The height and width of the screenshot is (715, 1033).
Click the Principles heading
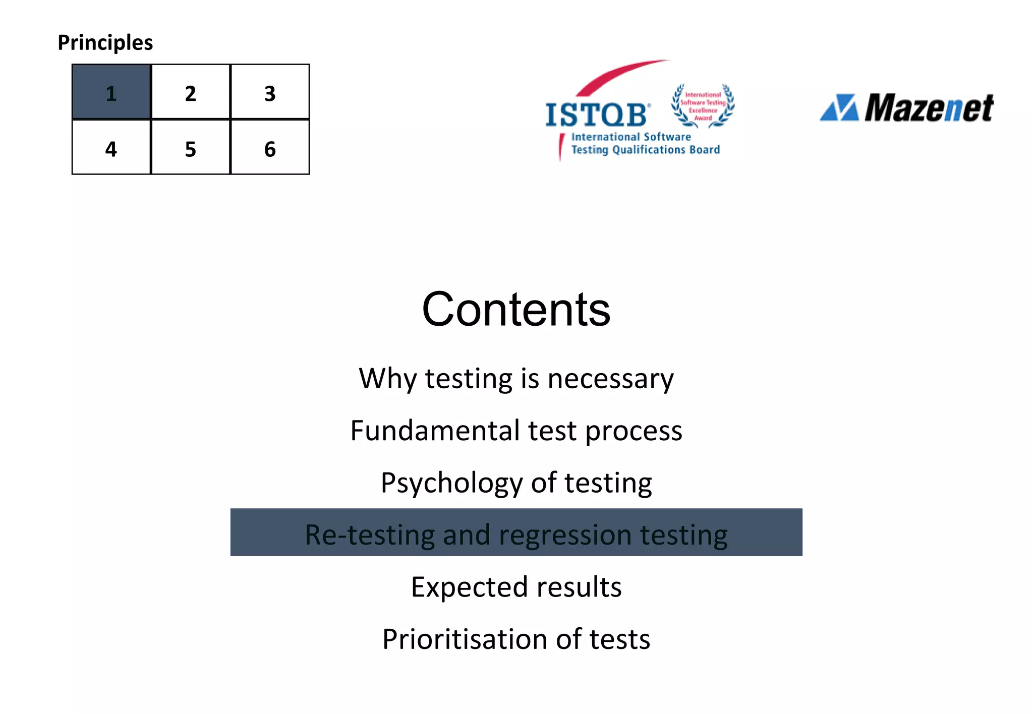tap(105, 42)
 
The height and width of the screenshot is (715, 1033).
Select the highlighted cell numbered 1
tap(111, 92)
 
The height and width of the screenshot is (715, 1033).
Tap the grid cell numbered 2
tap(190, 92)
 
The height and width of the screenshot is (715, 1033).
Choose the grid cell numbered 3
tap(270, 92)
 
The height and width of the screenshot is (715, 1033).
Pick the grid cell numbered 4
tap(111, 147)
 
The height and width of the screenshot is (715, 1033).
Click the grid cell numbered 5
tap(190, 147)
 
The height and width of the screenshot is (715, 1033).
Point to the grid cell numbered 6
tap(270, 147)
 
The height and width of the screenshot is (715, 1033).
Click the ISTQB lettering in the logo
tap(596, 115)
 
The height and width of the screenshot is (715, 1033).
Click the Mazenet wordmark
tap(929, 108)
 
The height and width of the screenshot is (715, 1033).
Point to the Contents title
tap(516, 309)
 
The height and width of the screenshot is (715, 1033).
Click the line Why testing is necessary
tap(516, 379)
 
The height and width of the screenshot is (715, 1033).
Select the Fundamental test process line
tap(516, 431)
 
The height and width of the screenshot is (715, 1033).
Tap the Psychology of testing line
tap(516, 483)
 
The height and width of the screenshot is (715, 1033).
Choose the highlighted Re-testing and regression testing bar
tap(516, 533)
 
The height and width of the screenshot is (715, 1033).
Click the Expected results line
tap(516, 587)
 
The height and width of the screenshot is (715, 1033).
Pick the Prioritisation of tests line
tap(516, 639)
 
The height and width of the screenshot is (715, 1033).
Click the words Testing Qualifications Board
tap(645, 150)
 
